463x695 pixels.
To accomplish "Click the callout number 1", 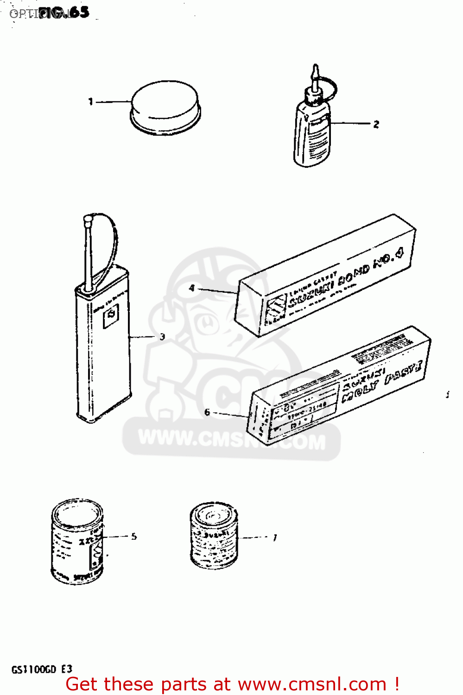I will click(x=91, y=101).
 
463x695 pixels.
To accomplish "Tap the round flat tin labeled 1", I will click(x=165, y=107).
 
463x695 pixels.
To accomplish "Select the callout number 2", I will click(x=376, y=124).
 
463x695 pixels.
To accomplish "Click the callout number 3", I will click(x=162, y=337).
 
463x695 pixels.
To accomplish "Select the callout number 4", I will click(x=192, y=288).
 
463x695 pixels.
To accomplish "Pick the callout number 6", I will click(x=207, y=412).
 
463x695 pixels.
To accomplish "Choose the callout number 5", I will click(x=133, y=537).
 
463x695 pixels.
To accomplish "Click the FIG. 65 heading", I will click(x=65, y=13).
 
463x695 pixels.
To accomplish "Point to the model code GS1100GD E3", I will click(x=42, y=669).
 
